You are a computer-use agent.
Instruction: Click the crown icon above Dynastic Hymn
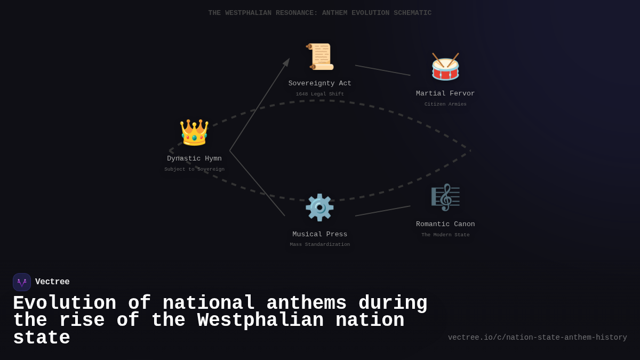(194, 133)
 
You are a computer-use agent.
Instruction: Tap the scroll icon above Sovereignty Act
(320, 57)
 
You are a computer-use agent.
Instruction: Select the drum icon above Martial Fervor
(445, 67)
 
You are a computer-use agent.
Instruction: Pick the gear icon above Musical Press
(319, 207)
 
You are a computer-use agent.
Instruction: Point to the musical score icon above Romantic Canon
(445, 197)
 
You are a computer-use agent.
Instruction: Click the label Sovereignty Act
(320, 84)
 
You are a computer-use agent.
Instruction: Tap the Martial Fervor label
(445, 94)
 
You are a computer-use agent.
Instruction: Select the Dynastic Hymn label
(194, 159)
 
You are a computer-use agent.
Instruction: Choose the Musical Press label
(320, 235)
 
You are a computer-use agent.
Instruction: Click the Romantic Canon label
(445, 225)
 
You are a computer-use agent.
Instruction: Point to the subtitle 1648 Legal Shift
(320, 94)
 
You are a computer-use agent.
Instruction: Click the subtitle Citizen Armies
(445, 105)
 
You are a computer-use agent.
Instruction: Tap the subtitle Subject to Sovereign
(194, 170)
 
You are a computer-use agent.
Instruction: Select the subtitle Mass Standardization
(320, 245)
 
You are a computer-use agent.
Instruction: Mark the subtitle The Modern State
(445, 235)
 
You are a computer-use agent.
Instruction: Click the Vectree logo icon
(22, 282)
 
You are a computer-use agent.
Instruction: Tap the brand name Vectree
(52, 282)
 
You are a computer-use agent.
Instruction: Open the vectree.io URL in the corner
(537, 338)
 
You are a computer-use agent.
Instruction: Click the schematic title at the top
(320, 13)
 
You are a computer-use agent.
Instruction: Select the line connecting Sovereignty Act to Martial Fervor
(382, 70)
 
